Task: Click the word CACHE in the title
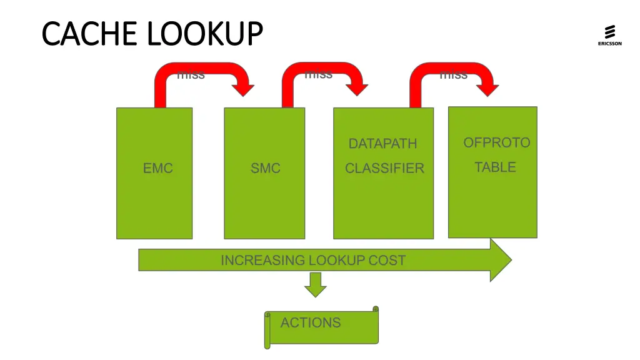[x=81, y=33]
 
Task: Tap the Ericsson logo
[x=609, y=35]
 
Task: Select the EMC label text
[x=157, y=168]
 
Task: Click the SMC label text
[x=265, y=168]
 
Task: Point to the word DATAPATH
[x=382, y=144]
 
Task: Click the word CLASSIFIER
[x=384, y=168]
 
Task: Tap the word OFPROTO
[x=496, y=142]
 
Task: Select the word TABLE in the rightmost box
[x=495, y=167]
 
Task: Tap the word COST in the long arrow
[x=387, y=260]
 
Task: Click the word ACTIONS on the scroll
[x=311, y=322]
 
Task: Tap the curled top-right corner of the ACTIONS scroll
[x=376, y=309]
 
